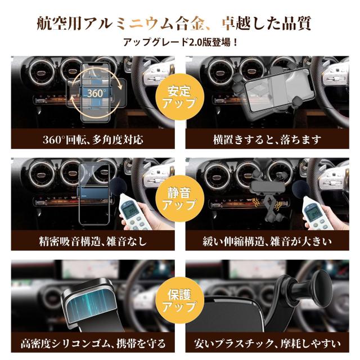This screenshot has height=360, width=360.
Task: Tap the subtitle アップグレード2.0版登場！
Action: click(x=180, y=43)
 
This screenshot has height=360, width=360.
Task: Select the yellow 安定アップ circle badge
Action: click(x=180, y=97)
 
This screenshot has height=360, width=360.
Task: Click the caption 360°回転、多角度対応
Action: click(x=93, y=139)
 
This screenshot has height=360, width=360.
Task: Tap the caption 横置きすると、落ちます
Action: click(x=267, y=139)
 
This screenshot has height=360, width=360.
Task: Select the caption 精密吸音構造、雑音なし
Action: click(x=93, y=242)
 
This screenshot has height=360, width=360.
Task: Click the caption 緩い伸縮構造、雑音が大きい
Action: click(x=267, y=242)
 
